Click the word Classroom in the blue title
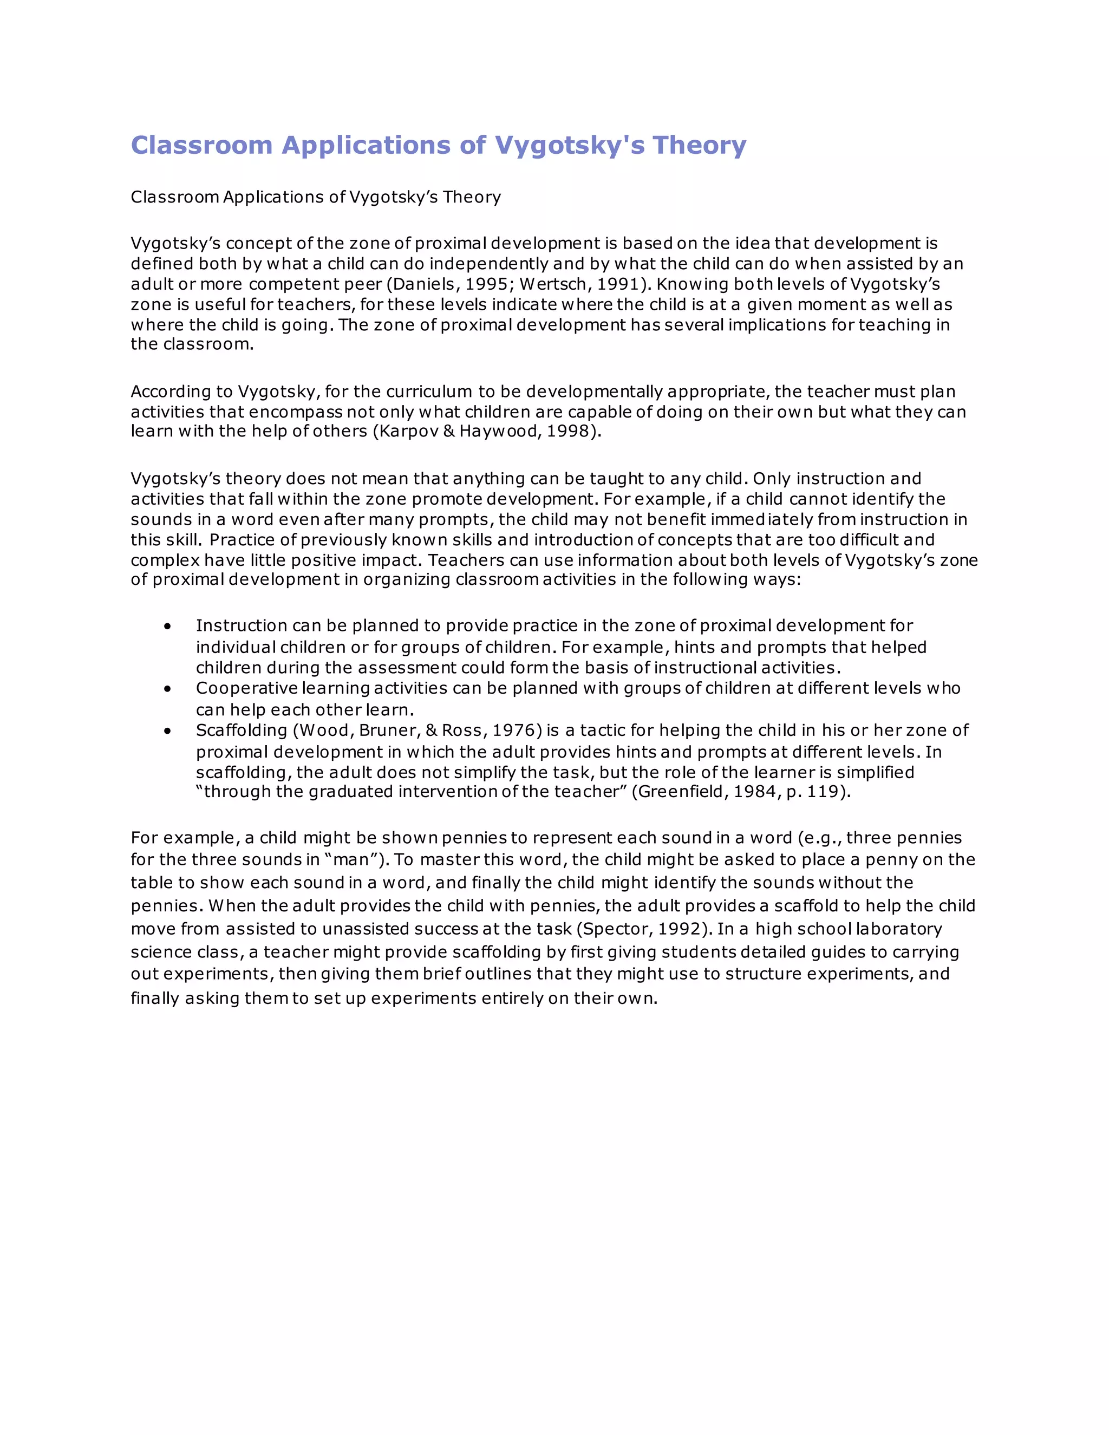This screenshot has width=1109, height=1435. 201,145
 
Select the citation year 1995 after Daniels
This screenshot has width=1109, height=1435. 486,284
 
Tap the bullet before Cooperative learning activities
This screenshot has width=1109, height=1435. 168,689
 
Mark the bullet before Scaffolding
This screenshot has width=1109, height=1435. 168,731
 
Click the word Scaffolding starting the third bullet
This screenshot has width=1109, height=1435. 240,730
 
